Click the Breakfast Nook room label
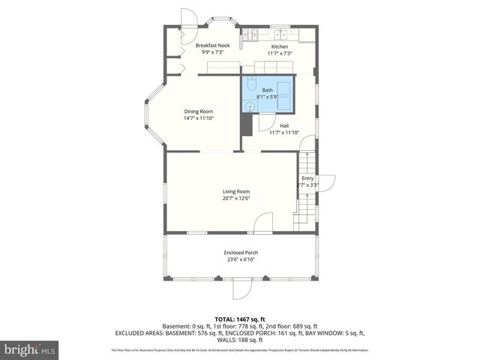(213, 46)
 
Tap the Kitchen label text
(280, 46)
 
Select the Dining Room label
(199, 111)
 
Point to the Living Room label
(236, 191)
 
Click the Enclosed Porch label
(240, 253)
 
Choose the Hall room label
(284, 125)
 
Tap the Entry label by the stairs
(307, 178)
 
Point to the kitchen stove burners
(250, 34)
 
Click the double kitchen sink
(283, 34)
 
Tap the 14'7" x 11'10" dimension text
(199, 118)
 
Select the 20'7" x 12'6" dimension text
(236, 199)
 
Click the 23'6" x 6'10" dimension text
(240, 260)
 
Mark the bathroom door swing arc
(265, 106)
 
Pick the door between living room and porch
(263, 222)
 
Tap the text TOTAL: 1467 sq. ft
(239, 319)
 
